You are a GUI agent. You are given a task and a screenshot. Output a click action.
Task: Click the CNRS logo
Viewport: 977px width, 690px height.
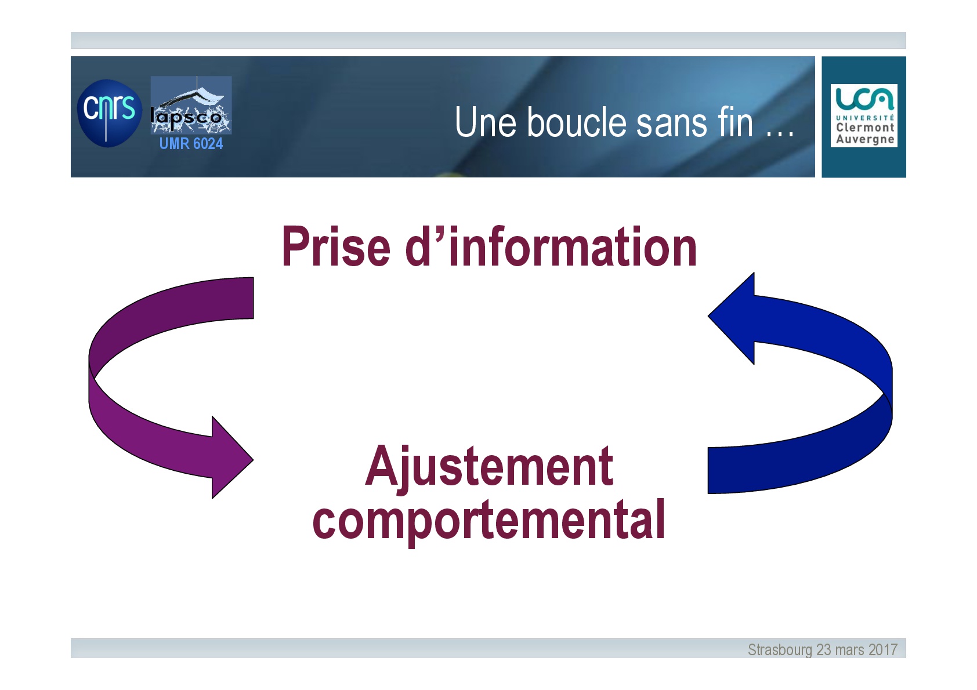coord(109,113)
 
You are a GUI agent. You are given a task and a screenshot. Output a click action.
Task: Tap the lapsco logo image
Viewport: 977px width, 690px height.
coord(191,105)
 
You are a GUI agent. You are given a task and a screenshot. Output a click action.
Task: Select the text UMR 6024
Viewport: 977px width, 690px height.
coord(191,143)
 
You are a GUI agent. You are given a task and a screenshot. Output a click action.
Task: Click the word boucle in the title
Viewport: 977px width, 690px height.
coord(577,122)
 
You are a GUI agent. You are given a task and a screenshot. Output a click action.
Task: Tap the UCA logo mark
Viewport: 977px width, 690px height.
coord(864,99)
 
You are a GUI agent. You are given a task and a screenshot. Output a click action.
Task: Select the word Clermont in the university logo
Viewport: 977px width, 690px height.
coord(865,128)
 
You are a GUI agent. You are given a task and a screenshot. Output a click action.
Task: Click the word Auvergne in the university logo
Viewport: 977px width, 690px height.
coord(865,140)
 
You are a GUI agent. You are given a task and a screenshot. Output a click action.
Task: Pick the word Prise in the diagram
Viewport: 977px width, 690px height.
coord(336,246)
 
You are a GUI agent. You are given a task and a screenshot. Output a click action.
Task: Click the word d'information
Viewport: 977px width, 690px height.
coord(551,246)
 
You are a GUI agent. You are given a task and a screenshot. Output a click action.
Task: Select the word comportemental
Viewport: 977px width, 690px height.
coord(488,521)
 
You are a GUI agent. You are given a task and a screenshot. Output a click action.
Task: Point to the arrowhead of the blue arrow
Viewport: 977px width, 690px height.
coord(731,318)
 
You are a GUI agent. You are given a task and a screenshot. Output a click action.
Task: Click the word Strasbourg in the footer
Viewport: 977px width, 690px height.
coord(780,650)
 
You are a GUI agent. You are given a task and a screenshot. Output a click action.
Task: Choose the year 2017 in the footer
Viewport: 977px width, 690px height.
coord(883,649)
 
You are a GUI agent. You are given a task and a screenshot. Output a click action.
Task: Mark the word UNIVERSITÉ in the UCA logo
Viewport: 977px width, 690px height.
coord(865,118)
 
